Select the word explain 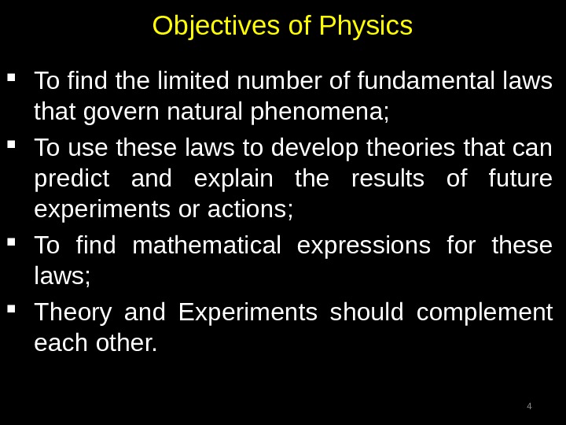click(234, 180)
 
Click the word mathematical click(207, 246)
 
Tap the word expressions click(373, 246)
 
